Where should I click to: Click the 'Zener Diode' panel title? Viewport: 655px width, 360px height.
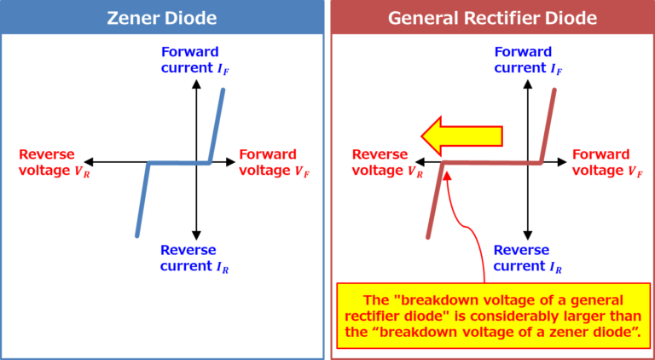162,17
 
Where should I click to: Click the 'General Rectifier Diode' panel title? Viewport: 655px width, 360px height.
492,17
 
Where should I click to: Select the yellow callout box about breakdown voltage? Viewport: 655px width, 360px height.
492,316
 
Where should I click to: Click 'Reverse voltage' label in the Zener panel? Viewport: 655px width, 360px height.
48,162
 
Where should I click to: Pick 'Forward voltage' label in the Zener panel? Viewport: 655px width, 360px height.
270,162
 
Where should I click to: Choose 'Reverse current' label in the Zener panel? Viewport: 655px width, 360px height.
194,258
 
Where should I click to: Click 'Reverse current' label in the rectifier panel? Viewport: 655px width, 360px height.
527,258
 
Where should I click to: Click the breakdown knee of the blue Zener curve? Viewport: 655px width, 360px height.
148,163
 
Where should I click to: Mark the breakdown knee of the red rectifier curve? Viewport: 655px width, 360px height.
444,163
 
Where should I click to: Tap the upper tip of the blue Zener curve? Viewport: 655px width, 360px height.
223,89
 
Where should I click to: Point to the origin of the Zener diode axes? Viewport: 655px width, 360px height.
196,162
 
